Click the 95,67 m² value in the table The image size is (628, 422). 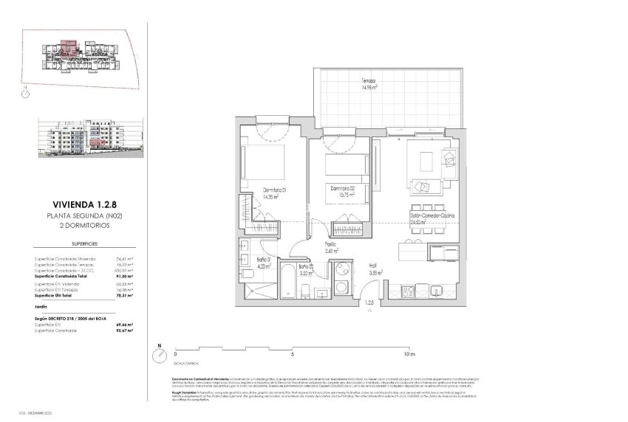[120, 330]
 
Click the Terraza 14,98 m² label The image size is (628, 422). [369, 84]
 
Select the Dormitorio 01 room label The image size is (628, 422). [273, 193]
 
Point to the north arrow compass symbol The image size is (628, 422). [158, 355]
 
